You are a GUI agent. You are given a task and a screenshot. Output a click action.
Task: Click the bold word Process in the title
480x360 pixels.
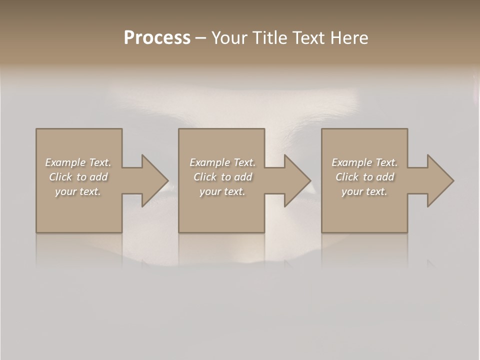[x=157, y=38]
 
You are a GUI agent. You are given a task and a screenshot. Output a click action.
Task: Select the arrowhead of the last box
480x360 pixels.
[x=439, y=180]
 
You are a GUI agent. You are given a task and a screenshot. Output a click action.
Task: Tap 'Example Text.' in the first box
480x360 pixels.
[x=78, y=162]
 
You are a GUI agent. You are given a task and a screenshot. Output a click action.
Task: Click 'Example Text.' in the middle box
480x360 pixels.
[x=222, y=162]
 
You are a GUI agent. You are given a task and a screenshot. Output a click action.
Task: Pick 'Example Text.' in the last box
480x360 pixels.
[x=364, y=162]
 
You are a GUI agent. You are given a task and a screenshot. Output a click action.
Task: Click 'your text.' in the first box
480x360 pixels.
[x=78, y=191]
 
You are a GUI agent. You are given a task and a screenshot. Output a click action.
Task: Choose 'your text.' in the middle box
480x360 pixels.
[x=222, y=191]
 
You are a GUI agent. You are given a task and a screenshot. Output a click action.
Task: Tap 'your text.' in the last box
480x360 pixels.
[x=364, y=191]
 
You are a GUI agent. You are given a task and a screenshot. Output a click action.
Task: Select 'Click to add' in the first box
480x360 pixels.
[x=78, y=177]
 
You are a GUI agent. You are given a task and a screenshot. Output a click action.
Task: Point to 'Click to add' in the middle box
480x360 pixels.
[x=222, y=177]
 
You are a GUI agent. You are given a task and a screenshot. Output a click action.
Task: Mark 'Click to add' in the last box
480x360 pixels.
[x=364, y=177]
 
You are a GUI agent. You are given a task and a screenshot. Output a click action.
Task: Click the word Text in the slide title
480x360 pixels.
[x=306, y=38]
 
